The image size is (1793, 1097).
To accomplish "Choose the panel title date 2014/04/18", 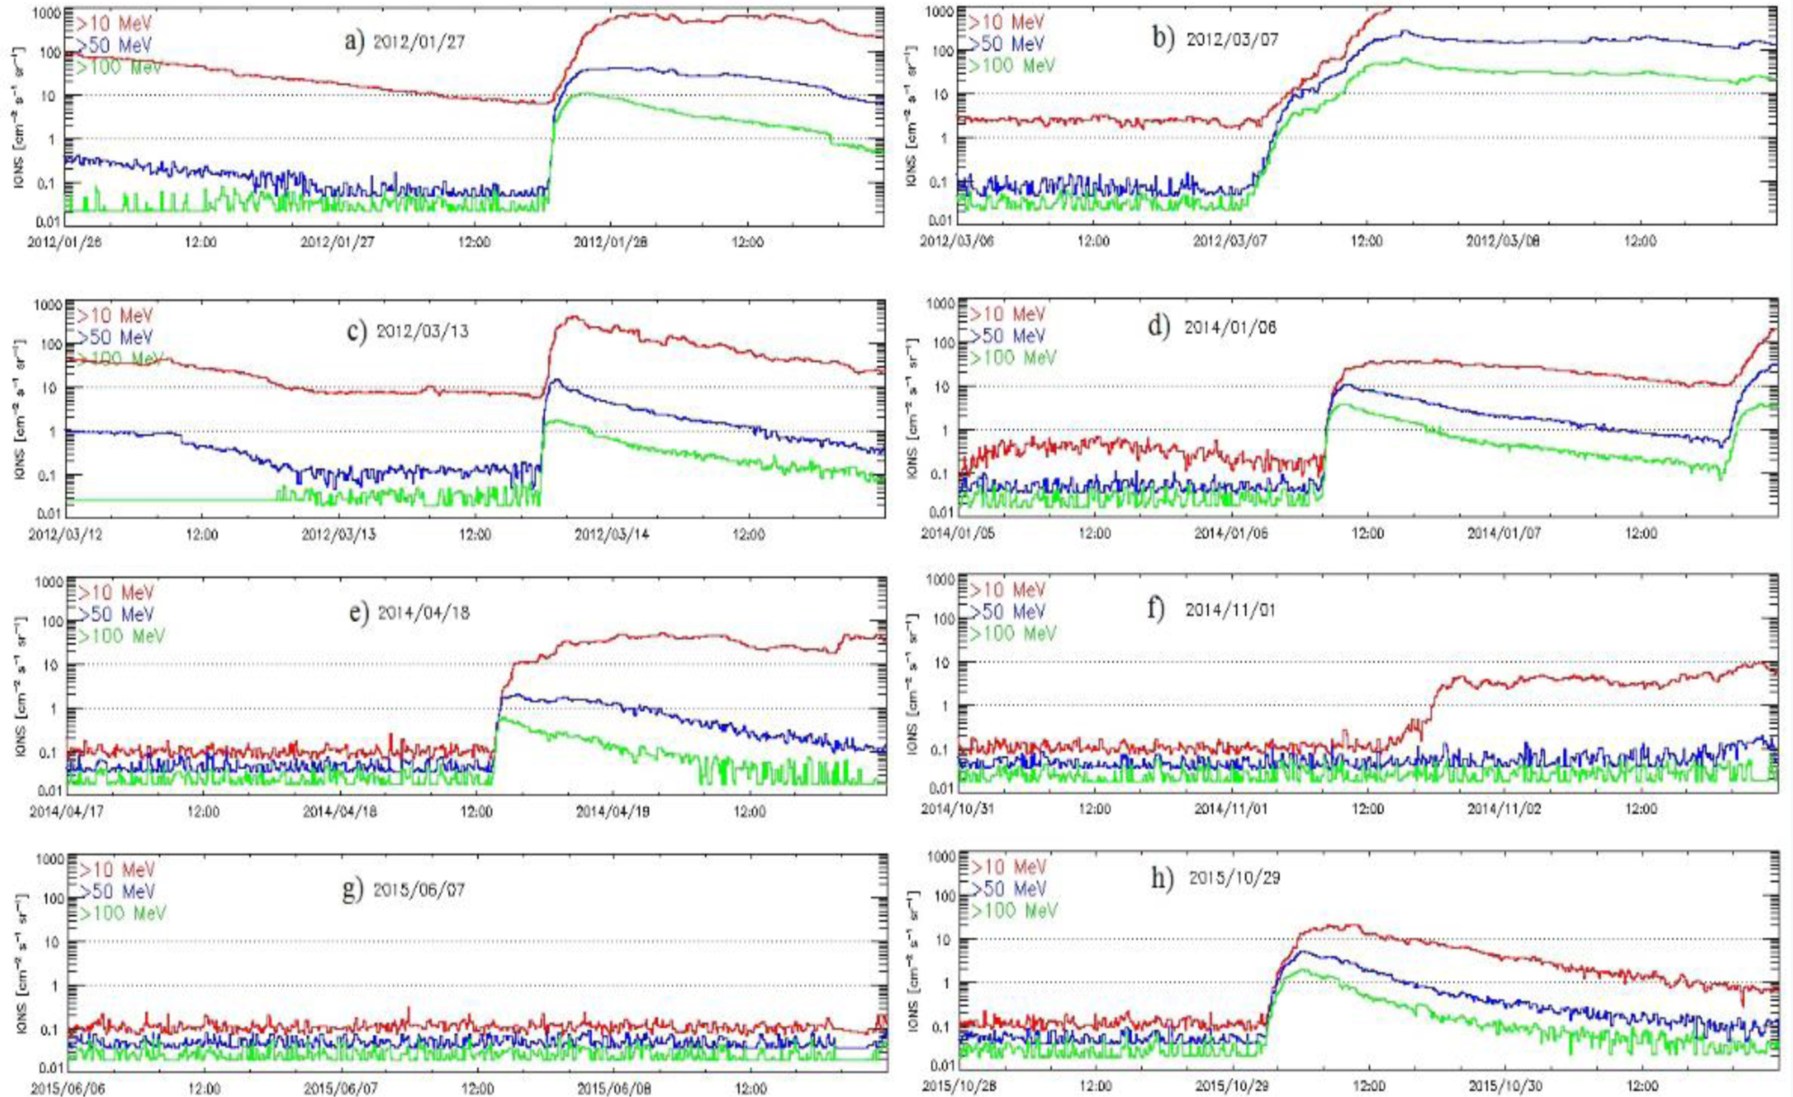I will tap(424, 613).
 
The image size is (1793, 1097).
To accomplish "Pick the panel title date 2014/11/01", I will tap(1230, 610).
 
